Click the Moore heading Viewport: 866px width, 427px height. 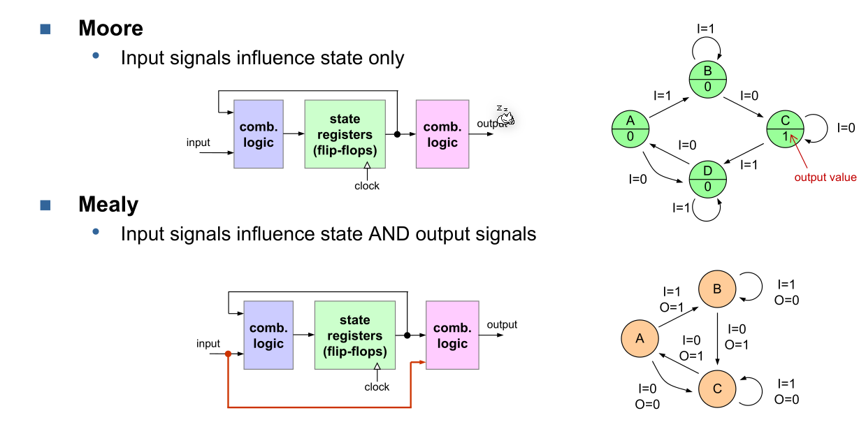pyautogui.click(x=110, y=28)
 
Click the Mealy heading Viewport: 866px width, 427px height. pyautogui.click(x=108, y=205)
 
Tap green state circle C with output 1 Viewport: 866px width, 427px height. pyautogui.click(x=785, y=129)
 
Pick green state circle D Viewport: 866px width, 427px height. pyautogui.click(x=708, y=179)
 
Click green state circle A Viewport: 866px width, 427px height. pyautogui.click(x=630, y=129)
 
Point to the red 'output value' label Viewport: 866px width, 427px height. pyautogui.click(x=825, y=177)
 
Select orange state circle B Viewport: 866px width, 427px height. pyautogui.click(x=718, y=289)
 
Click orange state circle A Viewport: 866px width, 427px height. pyautogui.click(x=640, y=339)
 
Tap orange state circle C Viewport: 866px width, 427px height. pyautogui.click(x=718, y=389)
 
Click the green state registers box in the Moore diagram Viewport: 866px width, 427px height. pyautogui.click(x=345, y=134)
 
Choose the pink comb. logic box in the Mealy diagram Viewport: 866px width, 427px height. pyautogui.click(x=452, y=335)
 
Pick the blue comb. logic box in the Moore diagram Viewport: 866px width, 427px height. pyautogui.click(x=258, y=134)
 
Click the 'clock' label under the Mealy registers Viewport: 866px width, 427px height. pyautogui.click(x=377, y=386)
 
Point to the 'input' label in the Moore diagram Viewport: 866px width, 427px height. pyautogui.click(x=199, y=143)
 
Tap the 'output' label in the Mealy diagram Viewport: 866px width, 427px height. pyautogui.click(x=502, y=324)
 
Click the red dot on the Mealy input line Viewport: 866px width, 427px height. pyautogui.click(x=228, y=354)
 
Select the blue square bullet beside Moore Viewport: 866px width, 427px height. pyautogui.click(x=46, y=29)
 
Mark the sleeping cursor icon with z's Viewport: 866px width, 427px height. pyautogui.click(x=505, y=115)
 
